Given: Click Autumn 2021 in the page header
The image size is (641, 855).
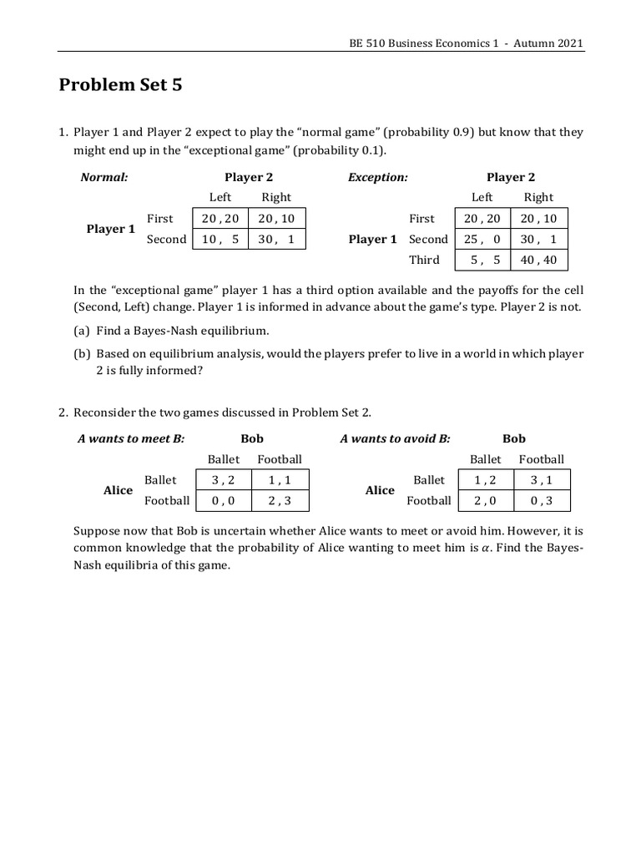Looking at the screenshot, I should point(553,43).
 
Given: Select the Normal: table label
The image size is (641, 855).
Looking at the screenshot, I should point(103,177).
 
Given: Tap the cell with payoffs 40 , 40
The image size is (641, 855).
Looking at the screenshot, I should point(538,260).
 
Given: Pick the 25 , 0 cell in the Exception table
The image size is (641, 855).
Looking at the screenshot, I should point(482,239).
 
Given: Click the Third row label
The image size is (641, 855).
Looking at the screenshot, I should point(424,260).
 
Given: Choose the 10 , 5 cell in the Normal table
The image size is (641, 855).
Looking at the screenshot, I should point(220,239).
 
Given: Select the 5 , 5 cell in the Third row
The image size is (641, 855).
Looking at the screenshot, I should point(482,260).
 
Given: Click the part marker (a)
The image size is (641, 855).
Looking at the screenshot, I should point(82,331).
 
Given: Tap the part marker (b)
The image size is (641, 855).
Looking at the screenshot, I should point(82,353).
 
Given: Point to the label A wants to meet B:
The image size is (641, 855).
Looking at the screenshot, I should point(131,438).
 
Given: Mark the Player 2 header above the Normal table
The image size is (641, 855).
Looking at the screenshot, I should point(249,177).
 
